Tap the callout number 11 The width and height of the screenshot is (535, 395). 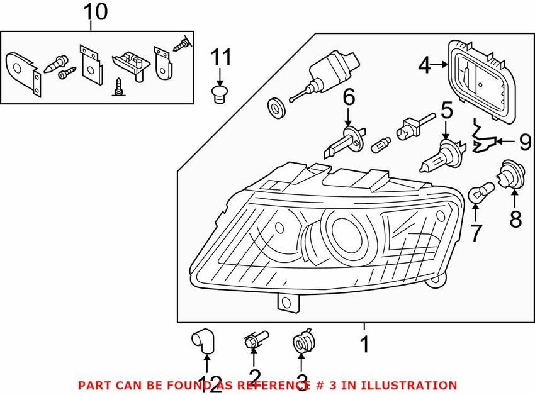pyautogui.click(x=220, y=58)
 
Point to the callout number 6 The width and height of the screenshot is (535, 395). pyautogui.click(x=348, y=97)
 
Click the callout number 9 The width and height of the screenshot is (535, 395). pyautogui.click(x=525, y=142)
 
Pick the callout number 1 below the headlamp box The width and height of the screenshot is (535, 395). pyautogui.click(x=364, y=345)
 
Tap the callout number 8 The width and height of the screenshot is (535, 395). pyautogui.click(x=515, y=220)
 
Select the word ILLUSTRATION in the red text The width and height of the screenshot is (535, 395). pyautogui.click(x=412, y=385)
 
